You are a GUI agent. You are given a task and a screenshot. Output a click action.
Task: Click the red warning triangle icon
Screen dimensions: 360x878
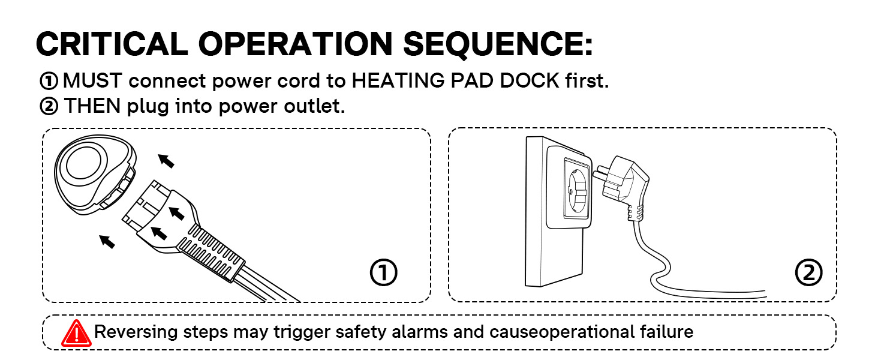point(76,333)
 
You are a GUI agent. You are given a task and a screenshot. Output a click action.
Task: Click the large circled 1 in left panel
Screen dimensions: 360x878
point(383,273)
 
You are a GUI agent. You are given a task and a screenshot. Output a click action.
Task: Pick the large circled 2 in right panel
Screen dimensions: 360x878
point(808,273)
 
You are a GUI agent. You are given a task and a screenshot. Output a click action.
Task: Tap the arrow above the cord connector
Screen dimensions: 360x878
point(167,160)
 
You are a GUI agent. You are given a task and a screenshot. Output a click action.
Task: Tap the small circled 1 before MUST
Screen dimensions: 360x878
point(49,80)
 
